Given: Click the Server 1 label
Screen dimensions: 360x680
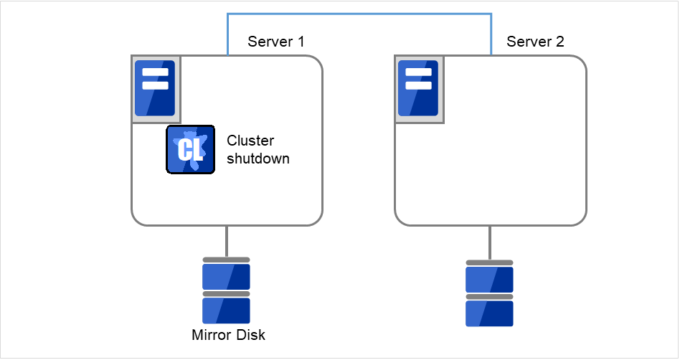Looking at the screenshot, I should click(275, 42).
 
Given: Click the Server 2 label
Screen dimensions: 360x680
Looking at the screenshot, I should click(535, 42).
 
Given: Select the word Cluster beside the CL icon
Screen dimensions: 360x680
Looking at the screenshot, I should click(250, 141).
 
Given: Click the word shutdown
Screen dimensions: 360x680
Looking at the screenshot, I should click(258, 158).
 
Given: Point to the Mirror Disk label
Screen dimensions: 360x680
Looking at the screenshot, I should click(229, 335).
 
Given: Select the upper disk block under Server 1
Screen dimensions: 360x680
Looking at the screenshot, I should click(226, 276).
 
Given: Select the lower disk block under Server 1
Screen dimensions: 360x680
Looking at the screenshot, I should click(226, 311).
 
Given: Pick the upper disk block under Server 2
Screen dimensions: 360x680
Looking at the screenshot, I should click(490, 279).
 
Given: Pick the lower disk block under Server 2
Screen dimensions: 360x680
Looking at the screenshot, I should click(490, 313).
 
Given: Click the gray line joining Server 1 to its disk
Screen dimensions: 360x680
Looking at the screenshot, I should click(227, 241).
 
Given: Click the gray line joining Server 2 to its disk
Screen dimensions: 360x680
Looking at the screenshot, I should click(491, 242).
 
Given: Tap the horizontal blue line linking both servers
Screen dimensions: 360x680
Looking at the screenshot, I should click(359, 13).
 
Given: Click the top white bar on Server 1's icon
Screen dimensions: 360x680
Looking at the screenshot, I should click(155, 72).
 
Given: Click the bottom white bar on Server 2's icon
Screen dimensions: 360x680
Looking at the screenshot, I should click(419, 85).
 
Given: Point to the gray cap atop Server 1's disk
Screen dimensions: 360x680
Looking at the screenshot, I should click(226, 260).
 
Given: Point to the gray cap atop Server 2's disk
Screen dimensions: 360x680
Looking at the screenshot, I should click(490, 262).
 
